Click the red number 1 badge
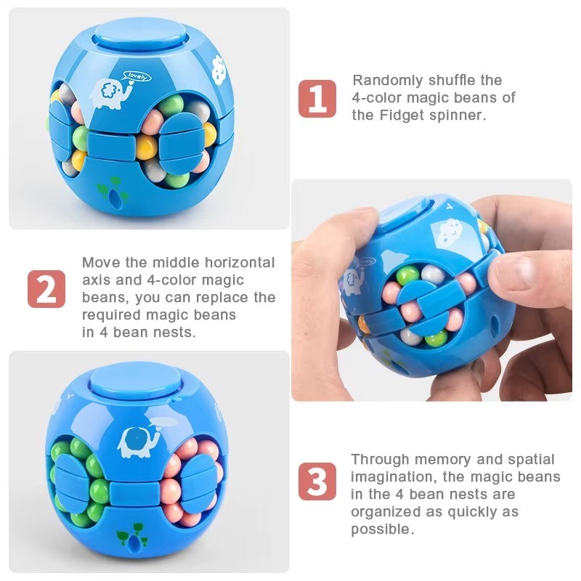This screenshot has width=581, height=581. click(x=317, y=99)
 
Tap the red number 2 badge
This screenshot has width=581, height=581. click(x=46, y=289)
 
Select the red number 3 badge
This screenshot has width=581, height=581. click(x=317, y=482)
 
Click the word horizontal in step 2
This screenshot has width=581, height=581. click(x=240, y=262)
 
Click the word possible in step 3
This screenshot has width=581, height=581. click(x=382, y=529)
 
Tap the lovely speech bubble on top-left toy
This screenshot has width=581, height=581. click(x=137, y=77)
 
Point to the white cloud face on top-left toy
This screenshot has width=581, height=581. click(x=219, y=68)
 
